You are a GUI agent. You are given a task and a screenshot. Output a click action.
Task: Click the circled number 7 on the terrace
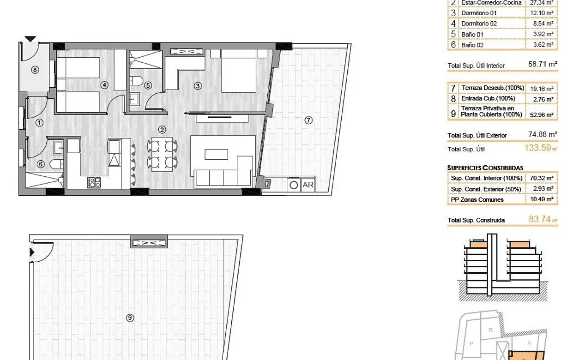(x=309, y=120)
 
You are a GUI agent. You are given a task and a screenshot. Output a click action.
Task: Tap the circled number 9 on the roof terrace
(x=130, y=317)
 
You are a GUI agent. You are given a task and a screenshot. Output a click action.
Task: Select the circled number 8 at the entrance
(x=35, y=70)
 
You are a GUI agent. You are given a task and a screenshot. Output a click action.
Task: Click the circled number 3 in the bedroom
(x=198, y=85)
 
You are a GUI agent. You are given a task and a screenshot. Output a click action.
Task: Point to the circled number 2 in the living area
(x=162, y=130)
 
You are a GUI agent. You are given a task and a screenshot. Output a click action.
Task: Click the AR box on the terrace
(x=308, y=185)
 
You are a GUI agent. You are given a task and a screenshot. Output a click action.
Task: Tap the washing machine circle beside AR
(x=294, y=185)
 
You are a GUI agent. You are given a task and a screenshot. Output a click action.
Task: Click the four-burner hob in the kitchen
(x=94, y=182)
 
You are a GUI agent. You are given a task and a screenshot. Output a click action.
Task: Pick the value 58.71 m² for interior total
(x=543, y=65)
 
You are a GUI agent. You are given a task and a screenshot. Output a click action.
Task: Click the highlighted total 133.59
(x=538, y=149)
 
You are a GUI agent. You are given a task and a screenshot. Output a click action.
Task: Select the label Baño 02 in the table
(x=472, y=45)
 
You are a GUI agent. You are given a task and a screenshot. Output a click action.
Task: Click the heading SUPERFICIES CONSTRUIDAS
(x=485, y=168)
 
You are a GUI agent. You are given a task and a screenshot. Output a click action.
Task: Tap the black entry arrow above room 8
(x=30, y=39)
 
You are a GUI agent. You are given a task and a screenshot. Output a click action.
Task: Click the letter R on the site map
(x=491, y=330)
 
